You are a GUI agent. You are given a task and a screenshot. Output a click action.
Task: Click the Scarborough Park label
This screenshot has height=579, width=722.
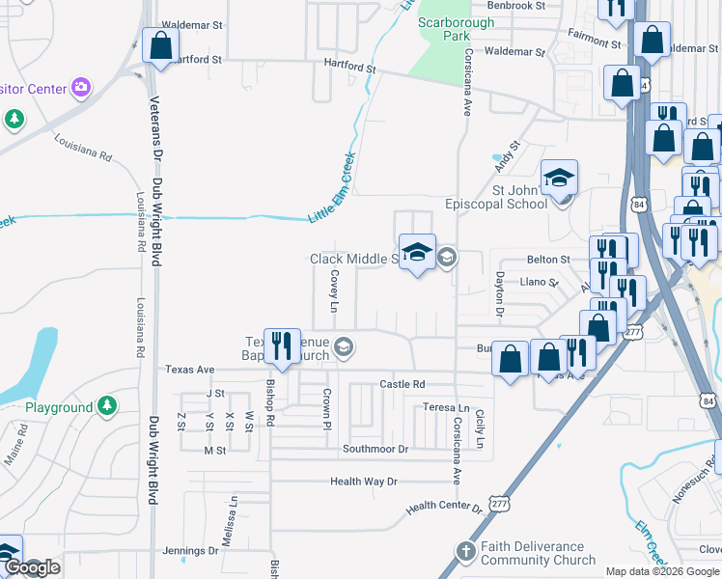point(443,28)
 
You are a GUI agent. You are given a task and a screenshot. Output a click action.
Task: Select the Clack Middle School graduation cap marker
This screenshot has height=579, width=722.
point(417,253)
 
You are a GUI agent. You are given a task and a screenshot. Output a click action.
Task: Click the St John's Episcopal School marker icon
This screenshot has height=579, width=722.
point(559,178)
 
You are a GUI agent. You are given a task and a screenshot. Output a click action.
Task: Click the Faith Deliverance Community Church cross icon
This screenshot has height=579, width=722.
point(465,551)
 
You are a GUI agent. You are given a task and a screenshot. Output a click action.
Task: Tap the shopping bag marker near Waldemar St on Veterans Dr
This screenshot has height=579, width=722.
point(160,44)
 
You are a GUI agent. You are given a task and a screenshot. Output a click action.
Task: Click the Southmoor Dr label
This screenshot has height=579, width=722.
point(375,450)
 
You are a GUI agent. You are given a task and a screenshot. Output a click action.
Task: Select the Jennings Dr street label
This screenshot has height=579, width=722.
point(191,551)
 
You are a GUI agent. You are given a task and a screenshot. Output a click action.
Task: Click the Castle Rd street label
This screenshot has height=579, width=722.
point(403,384)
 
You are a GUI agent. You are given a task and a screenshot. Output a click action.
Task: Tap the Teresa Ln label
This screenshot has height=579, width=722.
point(446,408)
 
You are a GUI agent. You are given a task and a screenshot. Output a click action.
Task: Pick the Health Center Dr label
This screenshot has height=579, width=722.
point(443,507)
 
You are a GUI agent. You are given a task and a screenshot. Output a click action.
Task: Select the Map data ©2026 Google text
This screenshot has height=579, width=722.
point(661,571)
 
